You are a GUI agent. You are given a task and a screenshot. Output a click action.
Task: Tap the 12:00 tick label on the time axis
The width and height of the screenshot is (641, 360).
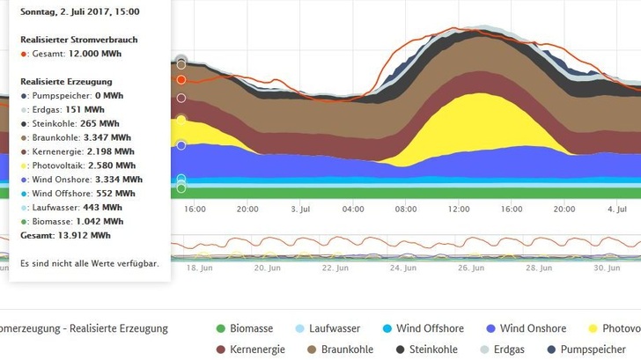[x=459, y=209]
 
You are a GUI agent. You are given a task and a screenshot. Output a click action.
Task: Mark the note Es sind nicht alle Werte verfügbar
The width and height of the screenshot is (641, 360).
[x=88, y=263]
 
